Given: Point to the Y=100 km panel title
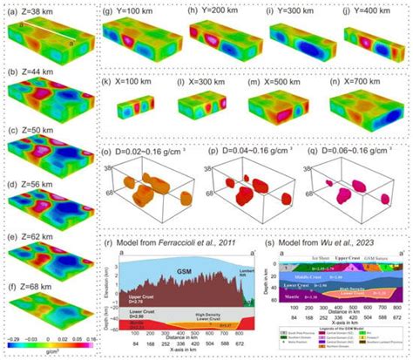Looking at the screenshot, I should (x=131, y=11).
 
